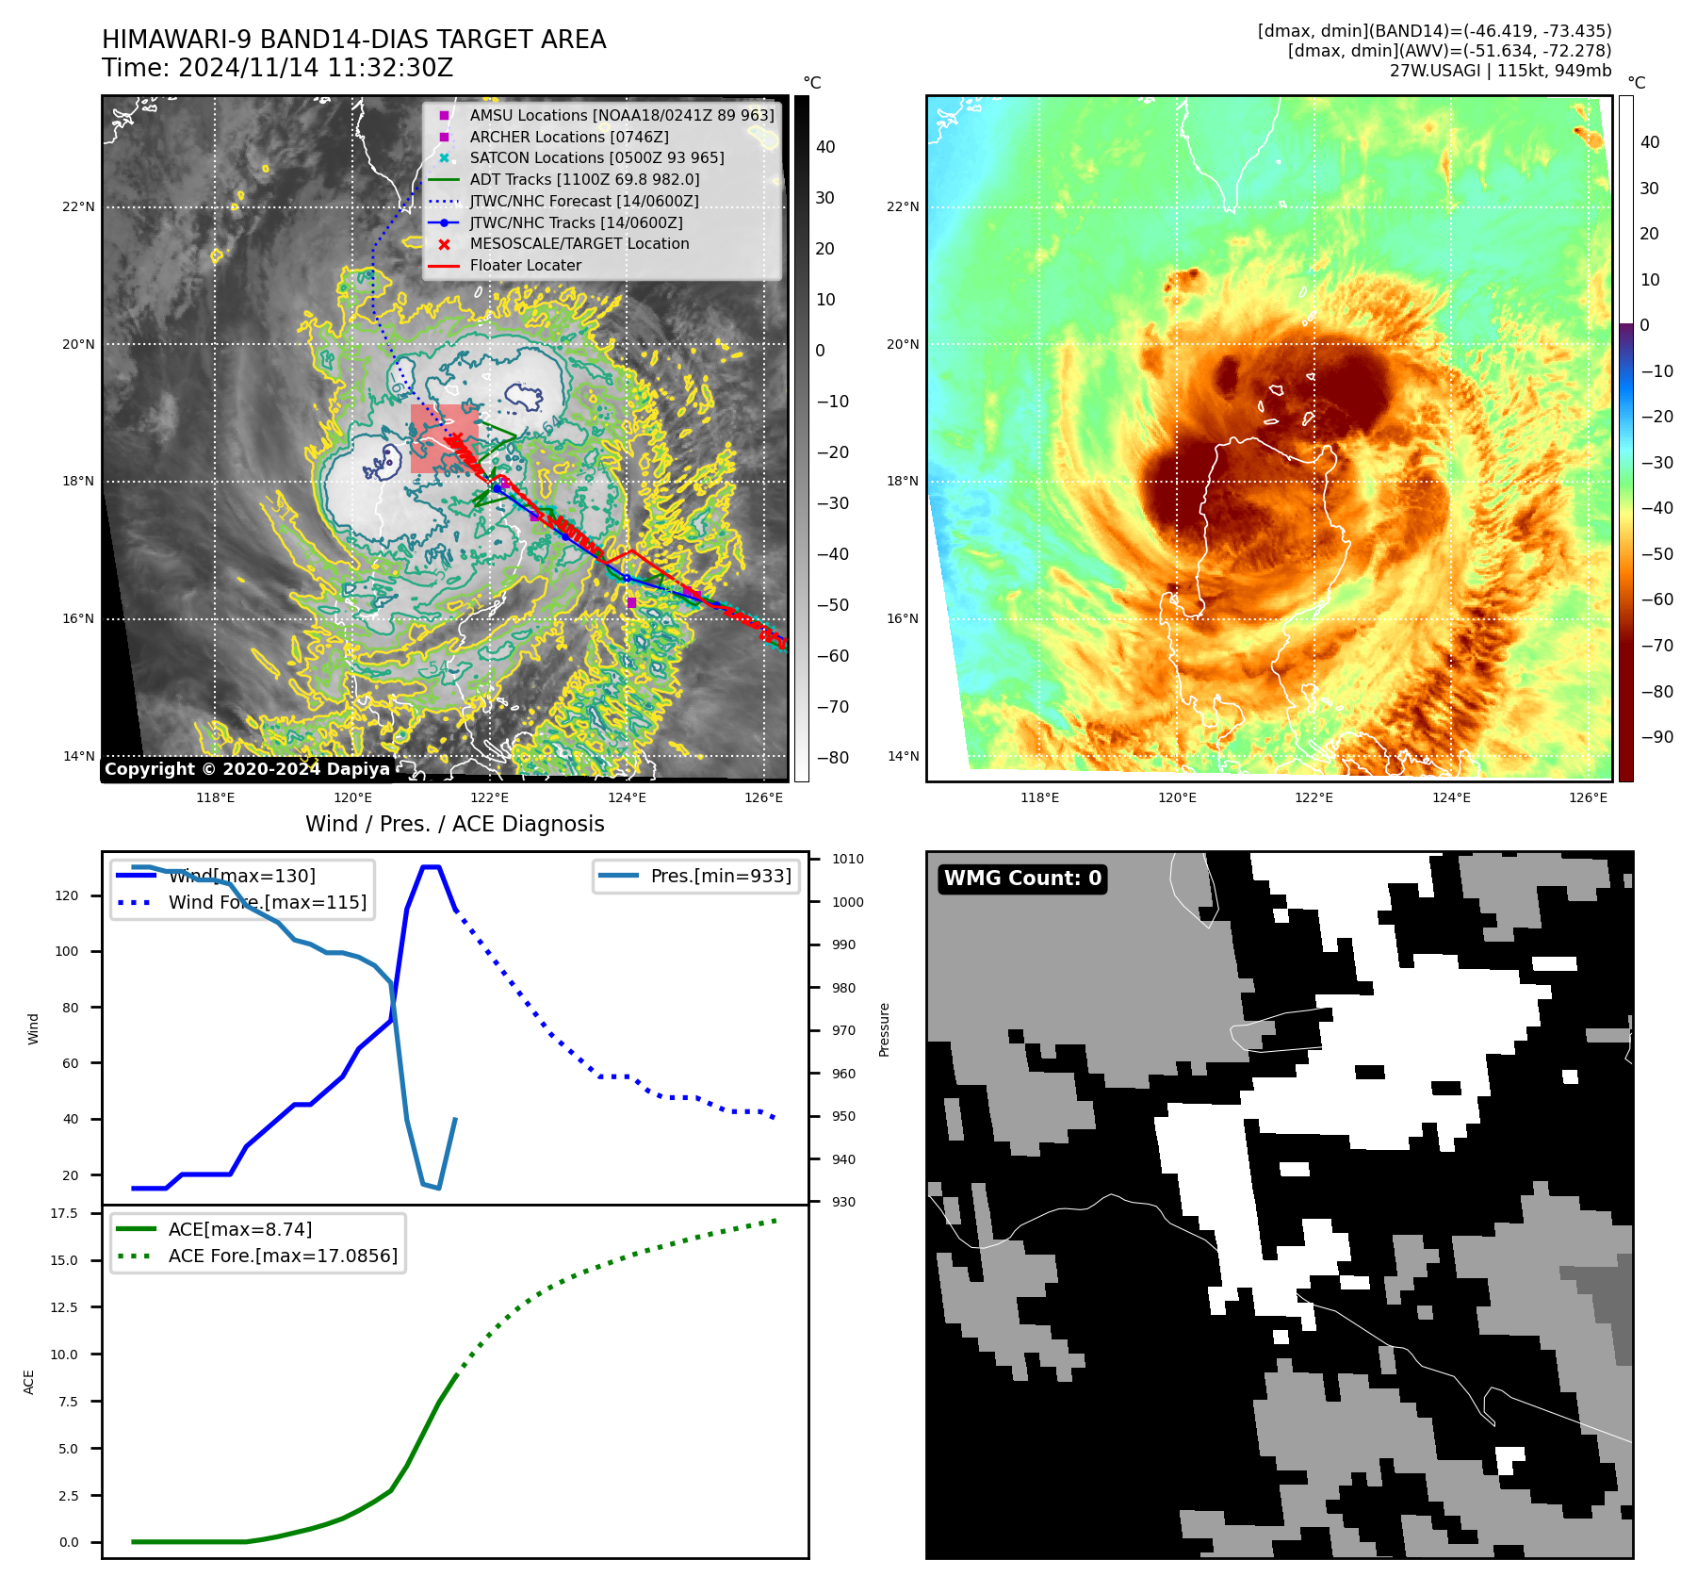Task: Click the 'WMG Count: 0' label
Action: pos(1022,879)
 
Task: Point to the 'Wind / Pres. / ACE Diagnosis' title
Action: pos(454,824)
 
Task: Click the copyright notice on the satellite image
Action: pos(247,769)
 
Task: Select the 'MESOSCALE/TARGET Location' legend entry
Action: pos(579,243)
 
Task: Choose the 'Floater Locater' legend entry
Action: pos(525,265)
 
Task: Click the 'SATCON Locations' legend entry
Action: pos(596,157)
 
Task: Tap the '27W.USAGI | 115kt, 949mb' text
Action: pos(1500,70)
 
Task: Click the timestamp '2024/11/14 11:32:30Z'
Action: pos(315,68)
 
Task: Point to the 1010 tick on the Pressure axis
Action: pos(847,859)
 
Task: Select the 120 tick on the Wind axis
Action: pos(67,895)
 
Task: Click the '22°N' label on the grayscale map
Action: pos(78,206)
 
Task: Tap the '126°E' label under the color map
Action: pos(1588,797)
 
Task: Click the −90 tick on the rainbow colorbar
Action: pos(1656,737)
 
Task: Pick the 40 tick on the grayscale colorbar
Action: pos(825,146)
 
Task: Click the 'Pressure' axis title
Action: pos(884,1029)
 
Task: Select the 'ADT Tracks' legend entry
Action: pos(584,179)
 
